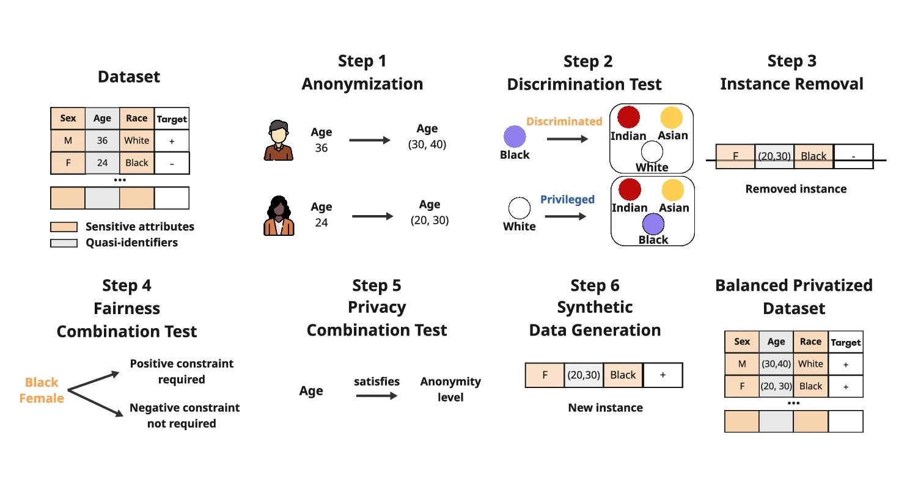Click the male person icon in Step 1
[278, 141]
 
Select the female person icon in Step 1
[278, 216]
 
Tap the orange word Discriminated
[564, 121]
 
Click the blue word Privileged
[567, 199]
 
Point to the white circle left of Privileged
[519, 208]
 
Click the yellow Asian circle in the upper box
[671, 117]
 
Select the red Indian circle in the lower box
[628, 189]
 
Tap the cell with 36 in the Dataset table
[102, 141]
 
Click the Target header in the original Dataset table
[172, 119]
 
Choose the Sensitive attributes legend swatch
[64, 227]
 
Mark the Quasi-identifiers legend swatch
[64, 243]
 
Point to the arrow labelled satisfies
[376, 396]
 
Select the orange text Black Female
[42, 390]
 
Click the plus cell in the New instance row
[663, 375]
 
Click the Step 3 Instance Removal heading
[791, 72]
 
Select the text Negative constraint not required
[184, 416]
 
